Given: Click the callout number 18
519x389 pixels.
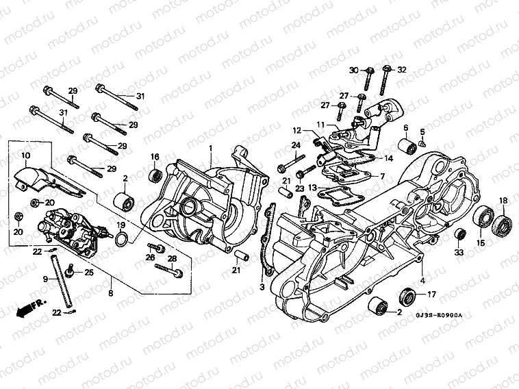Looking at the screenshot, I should (503, 200).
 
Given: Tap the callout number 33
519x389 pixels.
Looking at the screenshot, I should (459, 253).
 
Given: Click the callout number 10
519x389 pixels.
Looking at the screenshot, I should (25, 157).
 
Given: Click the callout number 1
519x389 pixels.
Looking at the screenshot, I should (212, 148).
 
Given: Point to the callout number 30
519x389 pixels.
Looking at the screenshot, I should (353, 71).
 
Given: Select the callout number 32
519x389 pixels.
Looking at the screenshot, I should (402, 71).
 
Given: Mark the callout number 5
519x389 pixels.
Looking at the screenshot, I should (422, 131).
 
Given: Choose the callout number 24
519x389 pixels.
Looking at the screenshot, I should (296, 145).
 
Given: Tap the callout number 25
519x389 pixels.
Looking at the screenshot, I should (88, 273).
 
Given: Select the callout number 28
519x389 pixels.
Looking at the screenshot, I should (173, 258).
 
